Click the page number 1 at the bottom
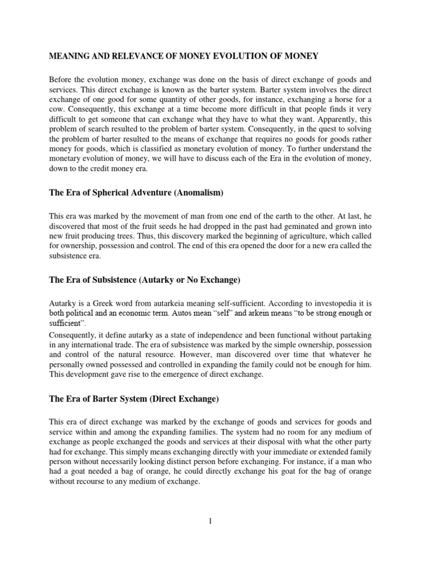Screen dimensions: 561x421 click(210, 521)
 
